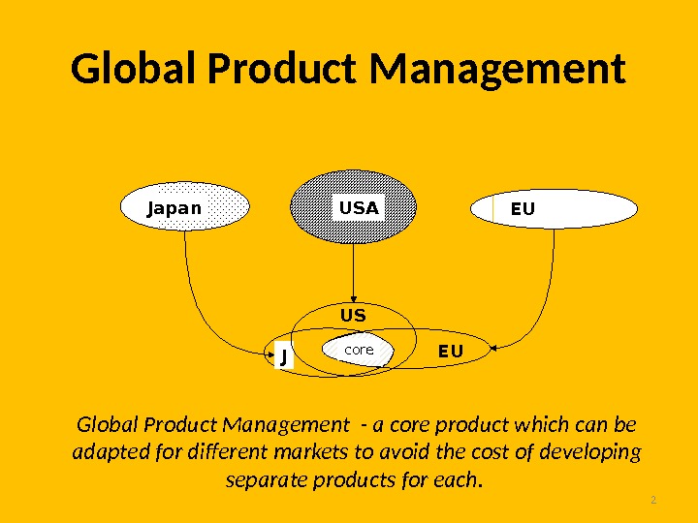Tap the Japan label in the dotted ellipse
click(x=174, y=208)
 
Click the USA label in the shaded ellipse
click(x=359, y=207)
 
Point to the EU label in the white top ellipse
click(x=523, y=208)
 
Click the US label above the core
click(x=353, y=316)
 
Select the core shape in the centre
click(x=359, y=350)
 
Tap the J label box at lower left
click(x=283, y=355)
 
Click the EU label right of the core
click(x=451, y=351)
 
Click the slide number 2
click(x=653, y=500)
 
